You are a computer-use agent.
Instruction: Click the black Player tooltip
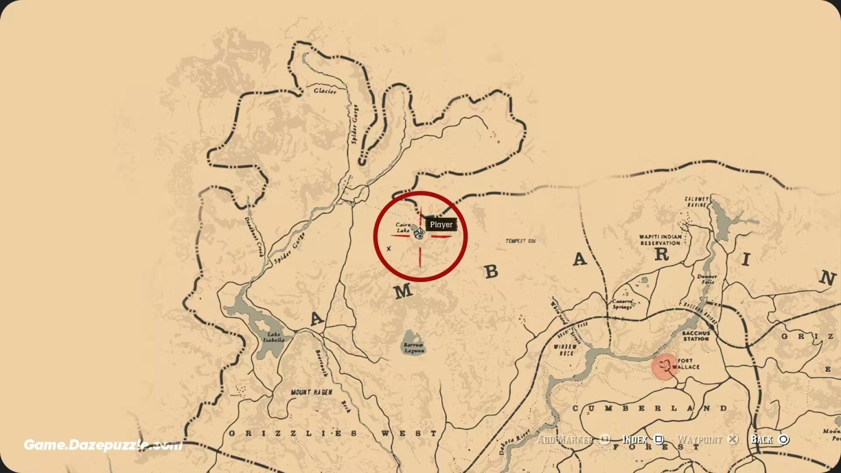441,224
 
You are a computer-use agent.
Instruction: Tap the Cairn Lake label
403,228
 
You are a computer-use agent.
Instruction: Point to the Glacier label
325,91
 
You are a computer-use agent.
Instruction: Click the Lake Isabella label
273,337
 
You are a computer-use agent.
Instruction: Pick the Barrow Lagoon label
413,348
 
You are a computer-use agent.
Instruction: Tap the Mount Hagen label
312,392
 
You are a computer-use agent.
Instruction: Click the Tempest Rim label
520,241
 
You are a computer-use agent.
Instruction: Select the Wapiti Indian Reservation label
660,240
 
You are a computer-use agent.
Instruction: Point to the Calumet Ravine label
696,201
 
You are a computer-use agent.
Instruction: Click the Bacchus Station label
696,336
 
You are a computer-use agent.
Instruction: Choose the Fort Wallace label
688,364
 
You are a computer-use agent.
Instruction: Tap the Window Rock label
564,350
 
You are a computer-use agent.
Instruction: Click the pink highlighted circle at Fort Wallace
665,366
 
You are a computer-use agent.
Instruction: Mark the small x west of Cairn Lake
389,249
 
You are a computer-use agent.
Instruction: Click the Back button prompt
769,440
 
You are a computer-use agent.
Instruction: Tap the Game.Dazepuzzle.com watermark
103,445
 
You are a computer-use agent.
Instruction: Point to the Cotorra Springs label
622,304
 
